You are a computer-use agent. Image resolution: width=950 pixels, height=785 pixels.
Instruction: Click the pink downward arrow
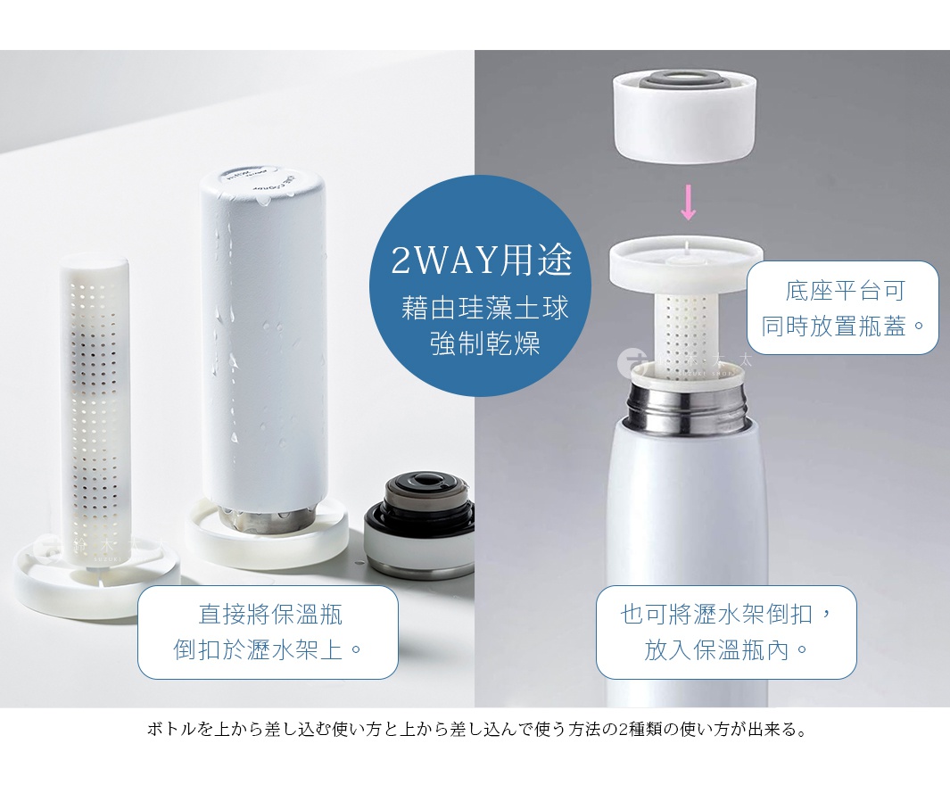(x=688, y=203)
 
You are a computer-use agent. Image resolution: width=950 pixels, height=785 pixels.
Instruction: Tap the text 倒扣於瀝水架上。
(x=268, y=649)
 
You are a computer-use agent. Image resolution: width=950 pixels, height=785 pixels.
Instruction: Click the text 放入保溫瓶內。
(x=726, y=649)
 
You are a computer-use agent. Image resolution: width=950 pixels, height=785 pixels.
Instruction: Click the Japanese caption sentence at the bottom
(x=475, y=730)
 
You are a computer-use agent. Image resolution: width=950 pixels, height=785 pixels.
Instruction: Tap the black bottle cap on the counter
(x=418, y=522)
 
